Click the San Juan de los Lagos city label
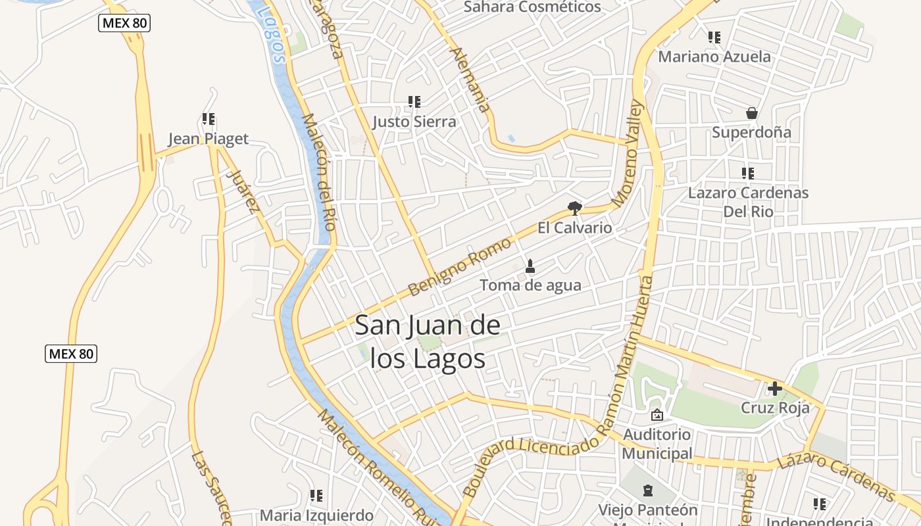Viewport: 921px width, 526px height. (x=428, y=342)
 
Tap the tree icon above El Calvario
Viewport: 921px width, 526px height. (x=575, y=208)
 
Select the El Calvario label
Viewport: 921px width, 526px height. (x=574, y=228)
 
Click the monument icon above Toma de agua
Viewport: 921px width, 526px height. (x=530, y=266)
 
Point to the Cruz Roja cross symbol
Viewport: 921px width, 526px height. (x=775, y=389)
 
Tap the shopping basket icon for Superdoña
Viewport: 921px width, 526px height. (x=752, y=114)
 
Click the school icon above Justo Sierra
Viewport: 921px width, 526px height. (x=414, y=102)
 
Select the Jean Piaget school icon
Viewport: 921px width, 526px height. (x=209, y=119)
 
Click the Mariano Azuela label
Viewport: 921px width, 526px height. (x=714, y=57)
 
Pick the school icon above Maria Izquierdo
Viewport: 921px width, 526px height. (x=316, y=495)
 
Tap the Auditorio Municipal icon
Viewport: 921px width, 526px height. (x=657, y=415)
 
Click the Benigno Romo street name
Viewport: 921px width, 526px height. (x=459, y=267)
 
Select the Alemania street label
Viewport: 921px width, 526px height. (x=471, y=80)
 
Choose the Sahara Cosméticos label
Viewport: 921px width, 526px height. (x=532, y=7)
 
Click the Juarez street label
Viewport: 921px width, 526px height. (x=241, y=191)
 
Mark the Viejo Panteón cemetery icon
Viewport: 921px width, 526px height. (x=648, y=490)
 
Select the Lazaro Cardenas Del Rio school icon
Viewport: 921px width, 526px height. (x=747, y=174)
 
